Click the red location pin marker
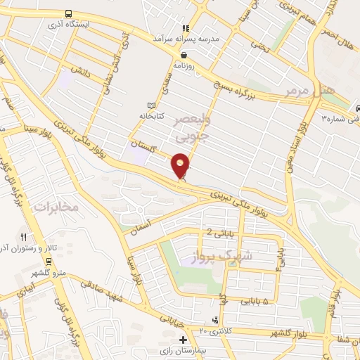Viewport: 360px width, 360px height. pyautogui.click(x=181, y=167)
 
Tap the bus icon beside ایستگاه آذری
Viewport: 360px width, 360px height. pyautogui.click(x=68, y=14)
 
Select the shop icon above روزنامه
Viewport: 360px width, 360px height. pyautogui.click(x=184, y=55)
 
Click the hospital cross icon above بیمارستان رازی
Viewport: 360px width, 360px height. pyautogui.click(x=184, y=340)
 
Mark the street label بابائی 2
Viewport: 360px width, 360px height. pyautogui.click(x=219, y=233)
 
